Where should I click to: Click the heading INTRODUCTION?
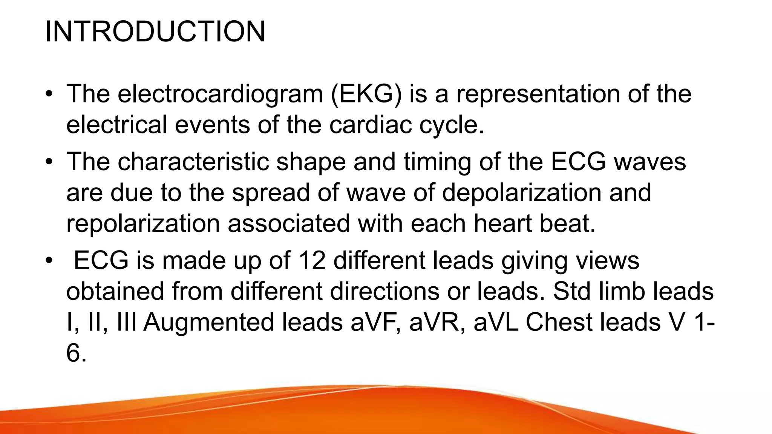155,32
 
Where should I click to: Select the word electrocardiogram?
220,94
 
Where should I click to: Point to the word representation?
538,94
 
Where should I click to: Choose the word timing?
437,162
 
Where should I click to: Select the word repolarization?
143,223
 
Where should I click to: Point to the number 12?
311,260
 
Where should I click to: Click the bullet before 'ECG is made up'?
49,261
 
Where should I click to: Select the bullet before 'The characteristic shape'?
49,162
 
